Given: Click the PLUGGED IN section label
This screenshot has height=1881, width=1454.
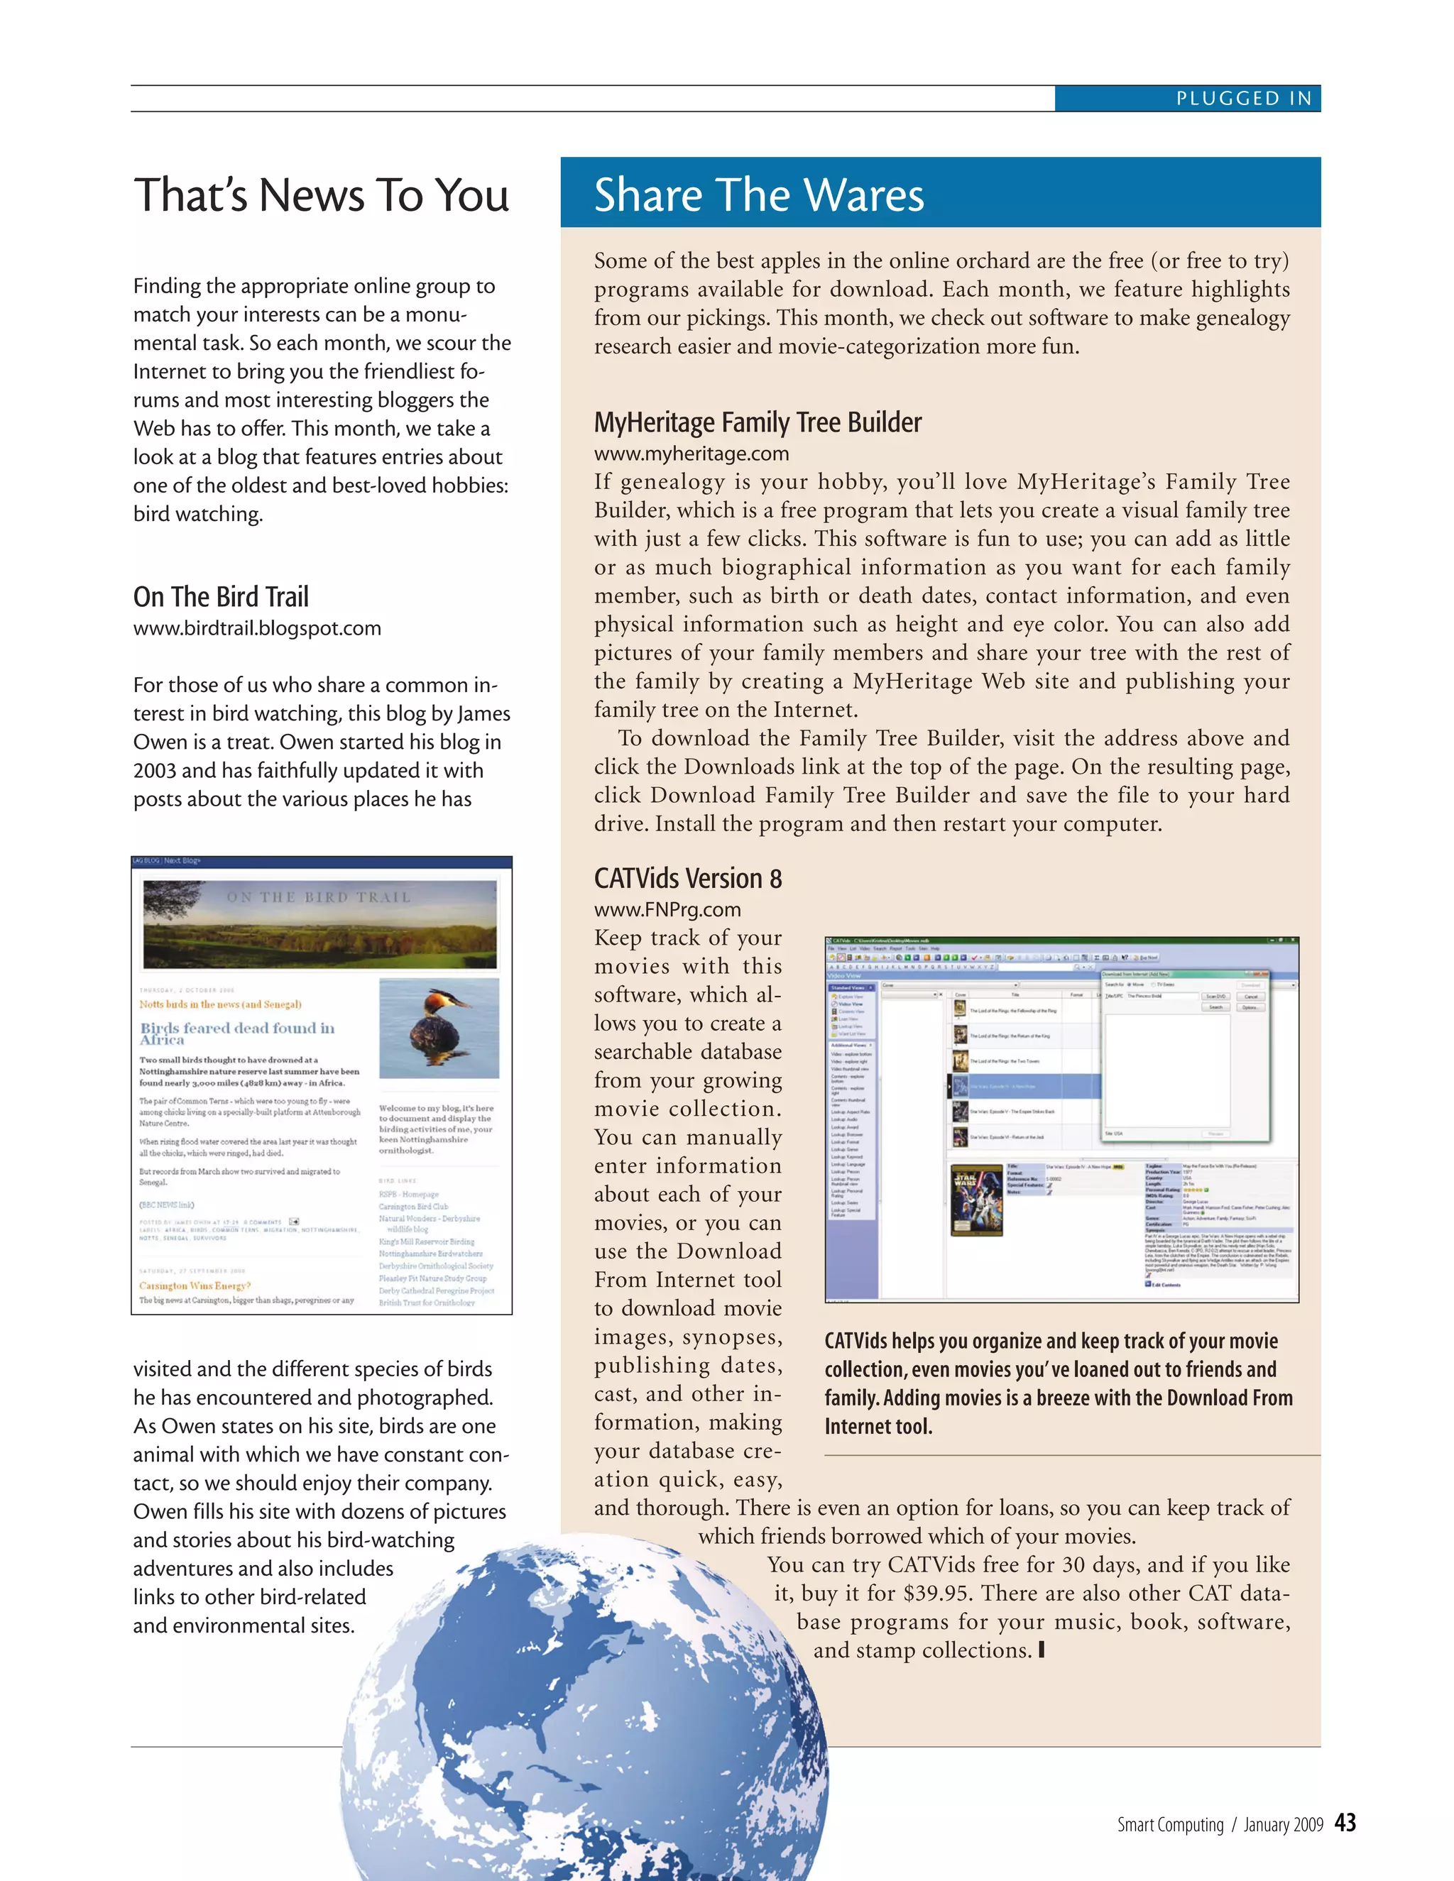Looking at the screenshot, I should point(1244,98).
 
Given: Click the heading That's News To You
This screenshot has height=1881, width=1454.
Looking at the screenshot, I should point(322,194).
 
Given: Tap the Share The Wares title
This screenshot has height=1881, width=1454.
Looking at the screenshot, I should point(759,194).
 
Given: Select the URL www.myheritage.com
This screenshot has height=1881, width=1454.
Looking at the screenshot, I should point(691,453).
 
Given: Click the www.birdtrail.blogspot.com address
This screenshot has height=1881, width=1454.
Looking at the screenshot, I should point(257,628).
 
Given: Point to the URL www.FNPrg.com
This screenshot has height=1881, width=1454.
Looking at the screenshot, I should point(667,909).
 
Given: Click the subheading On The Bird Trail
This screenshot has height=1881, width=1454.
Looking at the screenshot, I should point(221,596).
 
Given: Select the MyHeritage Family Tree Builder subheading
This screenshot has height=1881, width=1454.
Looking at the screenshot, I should point(757,422).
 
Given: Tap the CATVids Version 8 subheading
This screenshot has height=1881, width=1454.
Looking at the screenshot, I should point(687,879).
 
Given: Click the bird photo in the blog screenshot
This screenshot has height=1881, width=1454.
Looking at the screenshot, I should point(439,1028).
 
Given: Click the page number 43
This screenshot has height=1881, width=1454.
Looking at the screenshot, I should point(1345,1822).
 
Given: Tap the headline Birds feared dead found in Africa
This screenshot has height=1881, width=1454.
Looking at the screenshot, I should point(237,1033).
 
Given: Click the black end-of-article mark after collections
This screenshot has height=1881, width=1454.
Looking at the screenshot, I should point(1042,1650).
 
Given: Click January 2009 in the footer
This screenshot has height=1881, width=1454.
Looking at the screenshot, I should point(1283,1825).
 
